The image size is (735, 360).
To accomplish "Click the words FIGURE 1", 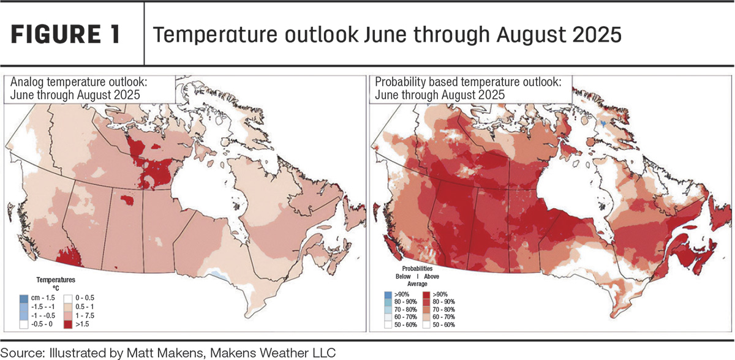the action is click(x=66, y=34).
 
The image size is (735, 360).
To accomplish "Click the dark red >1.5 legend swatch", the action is click(x=68, y=324).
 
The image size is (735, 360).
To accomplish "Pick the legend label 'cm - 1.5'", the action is click(x=43, y=298).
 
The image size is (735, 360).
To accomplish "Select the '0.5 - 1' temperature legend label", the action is click(x=85, y=307).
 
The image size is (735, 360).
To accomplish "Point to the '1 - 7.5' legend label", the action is click(x=85, y=315).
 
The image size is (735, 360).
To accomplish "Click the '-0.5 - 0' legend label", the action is click(x=42, y=324).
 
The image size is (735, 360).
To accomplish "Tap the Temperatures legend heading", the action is click(x=56, y=280).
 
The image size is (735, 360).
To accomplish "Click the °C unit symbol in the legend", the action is click(x=56, y=288).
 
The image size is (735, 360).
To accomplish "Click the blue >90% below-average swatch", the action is click(x=388, y=294).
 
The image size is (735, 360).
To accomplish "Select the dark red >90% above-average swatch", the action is click(x=426, y=294).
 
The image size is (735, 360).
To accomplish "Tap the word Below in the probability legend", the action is click(x=403, y=276).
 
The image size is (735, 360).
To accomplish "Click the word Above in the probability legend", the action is click(x=431, y=276).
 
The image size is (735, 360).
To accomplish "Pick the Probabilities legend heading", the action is click(x=417, y=269).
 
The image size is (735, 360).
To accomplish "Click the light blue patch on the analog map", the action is click(x=218, y=274).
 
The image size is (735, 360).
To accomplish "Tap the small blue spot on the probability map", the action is click(x=603, y=123).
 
